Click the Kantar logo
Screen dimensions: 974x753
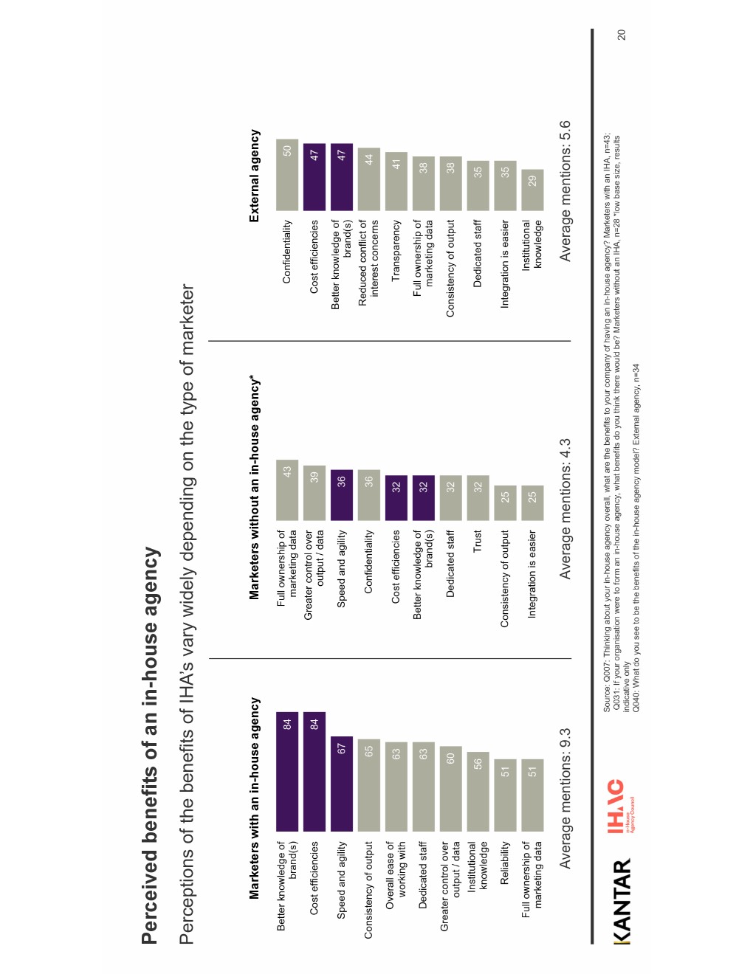pyautogui.click(x=622, y=900)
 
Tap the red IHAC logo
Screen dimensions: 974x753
pyautogui.click(x=616, y=806)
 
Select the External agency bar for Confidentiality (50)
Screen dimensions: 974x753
pyautogui.click(x=287, y=175)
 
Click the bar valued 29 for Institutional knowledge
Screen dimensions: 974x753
pyautogui.click(x=532, y=190)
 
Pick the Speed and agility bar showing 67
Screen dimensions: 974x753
pyautogui.click(x=342, y=783)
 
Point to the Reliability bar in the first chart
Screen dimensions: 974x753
pyautogui.click(x=505, y=795)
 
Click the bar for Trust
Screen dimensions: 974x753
pyautogui.click(x=478, y=498)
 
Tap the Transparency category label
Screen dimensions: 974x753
pyautogui.click(x=396, y=250)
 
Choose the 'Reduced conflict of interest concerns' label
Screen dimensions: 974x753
pyautogui.click(x=368, y=258)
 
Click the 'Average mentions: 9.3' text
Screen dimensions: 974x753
pyautogui.click(x=565, y=798)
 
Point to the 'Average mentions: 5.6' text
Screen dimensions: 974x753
pyautogui.click(x=565, y=190)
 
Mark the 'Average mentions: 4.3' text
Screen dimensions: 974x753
pyautogui.click(x=565, y=509)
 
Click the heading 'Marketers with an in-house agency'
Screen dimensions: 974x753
pyautogui.click(x=255, y=798)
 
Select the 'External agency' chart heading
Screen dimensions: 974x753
pyautogui.click(x=255, y=176)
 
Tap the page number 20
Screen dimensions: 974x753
pyautogui.click(x=621, y=35)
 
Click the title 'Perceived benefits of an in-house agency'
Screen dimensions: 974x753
pyautogui.click(x=150, y=745)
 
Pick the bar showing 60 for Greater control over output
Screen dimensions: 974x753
pyautogui.click(x=450, y=788)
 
